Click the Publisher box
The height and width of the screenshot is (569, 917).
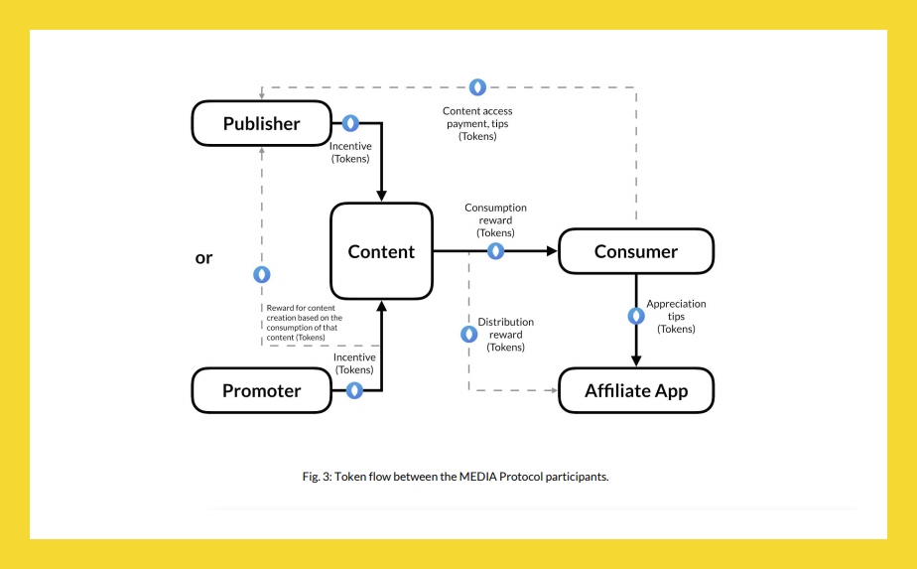click(261, 124)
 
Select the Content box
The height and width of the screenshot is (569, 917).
click(381, 251)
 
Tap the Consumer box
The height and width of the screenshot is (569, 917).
click(636, 251)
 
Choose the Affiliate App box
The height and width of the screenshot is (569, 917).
click(636, 390)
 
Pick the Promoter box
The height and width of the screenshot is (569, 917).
click(261, 390)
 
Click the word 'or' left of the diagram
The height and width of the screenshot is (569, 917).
click(203, 257)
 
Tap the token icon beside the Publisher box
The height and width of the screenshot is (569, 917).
click(350, 123)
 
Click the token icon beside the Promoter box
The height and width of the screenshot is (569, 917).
click(354, 390)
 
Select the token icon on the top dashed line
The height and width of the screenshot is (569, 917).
click(477, 87)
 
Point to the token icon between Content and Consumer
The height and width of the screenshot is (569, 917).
click(496, 251)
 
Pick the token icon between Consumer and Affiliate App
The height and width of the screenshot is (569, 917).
click(636, 316)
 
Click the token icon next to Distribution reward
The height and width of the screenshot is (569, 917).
click(468, 335)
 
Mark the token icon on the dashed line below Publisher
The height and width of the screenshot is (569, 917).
click(262, 274)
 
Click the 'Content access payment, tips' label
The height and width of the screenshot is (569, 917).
click(477, 123)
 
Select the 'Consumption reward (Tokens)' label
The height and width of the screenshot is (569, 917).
click(495, 219)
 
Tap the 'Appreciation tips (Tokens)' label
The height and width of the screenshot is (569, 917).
click(676, 316)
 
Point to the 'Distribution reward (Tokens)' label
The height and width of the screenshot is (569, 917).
click(505, 335)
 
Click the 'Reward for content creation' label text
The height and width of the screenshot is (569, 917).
click(304, 322)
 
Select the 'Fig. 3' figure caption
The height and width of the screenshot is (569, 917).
click(456, 476)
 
